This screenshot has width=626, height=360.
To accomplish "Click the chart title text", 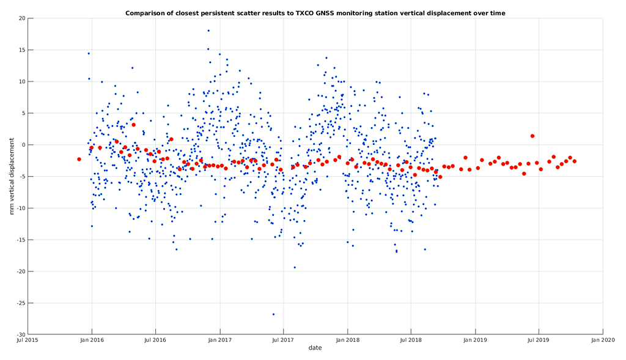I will pyautogui.click(x=315, y=12).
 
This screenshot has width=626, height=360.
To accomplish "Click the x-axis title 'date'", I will pyautogui.click(x=315, y=348).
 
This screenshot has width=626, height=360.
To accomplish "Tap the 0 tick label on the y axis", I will pyautogui.click(x=23, y=145).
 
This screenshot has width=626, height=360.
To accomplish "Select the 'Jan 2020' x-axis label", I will pyautogui.click(x=603, y=340).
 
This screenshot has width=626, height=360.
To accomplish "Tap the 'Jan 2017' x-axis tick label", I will pyautogui.click(x=219, y=340).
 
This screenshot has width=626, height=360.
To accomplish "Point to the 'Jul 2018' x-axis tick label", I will pyautogui.click(x=411, y=340).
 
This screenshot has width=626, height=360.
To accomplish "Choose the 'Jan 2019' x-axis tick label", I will pyautogui.click(x=475, y=340).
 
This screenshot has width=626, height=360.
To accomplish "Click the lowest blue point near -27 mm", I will pyautogui.click(x=273, y=314).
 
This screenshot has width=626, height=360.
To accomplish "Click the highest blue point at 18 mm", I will pyautogui.click(x=208, y=31).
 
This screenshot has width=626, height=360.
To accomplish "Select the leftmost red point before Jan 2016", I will pyautogui.click(x=79, y=159).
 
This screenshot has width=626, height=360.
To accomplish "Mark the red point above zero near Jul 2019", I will pyautogui.click(x=532, y=136).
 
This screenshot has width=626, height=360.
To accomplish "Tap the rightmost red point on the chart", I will pyautogui.click(x=575, y=161).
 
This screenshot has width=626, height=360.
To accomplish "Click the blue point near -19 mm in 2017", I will pyautogui.click(x=295, y=267).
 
